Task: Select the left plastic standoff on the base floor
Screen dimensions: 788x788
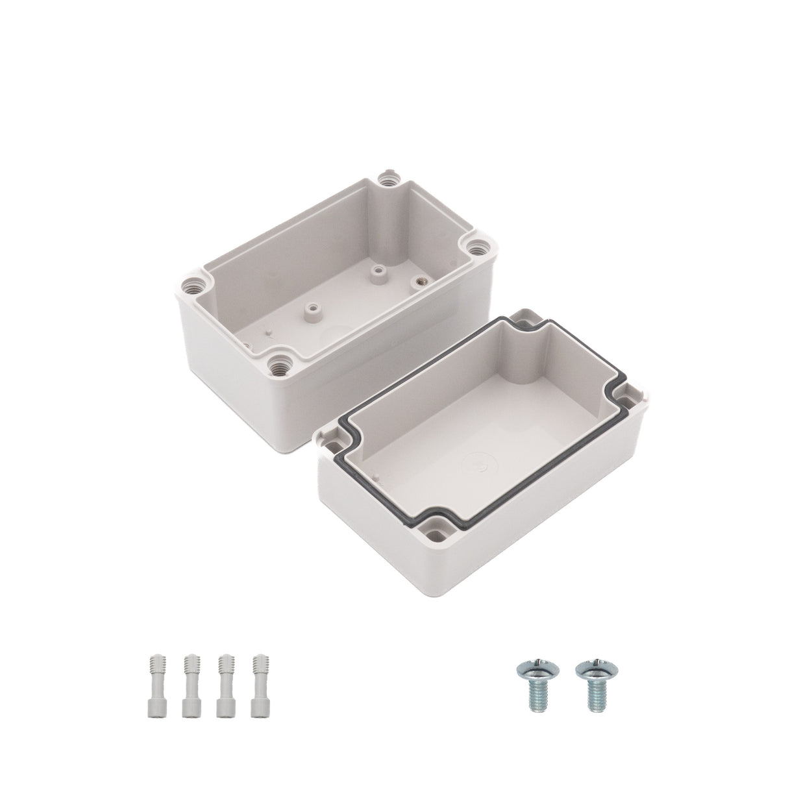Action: (x=314, y=306)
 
